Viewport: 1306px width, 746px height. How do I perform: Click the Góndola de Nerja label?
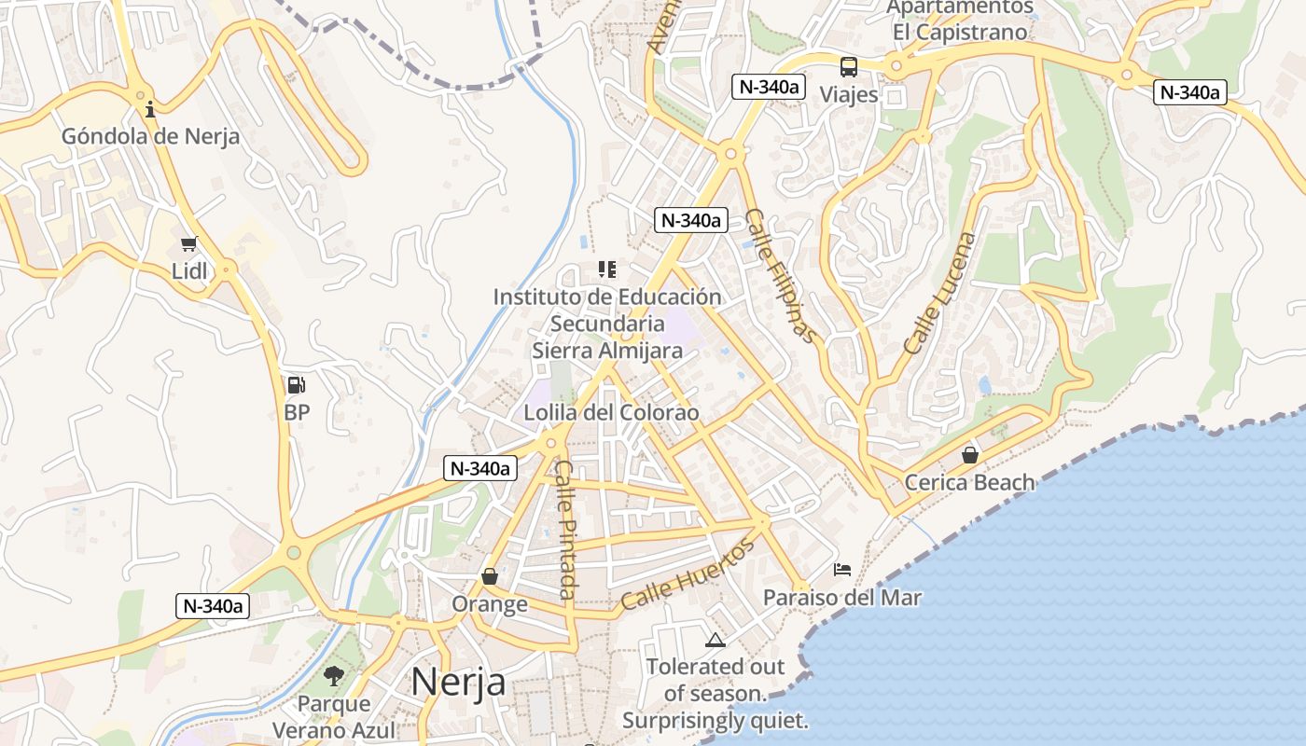pos(150,136)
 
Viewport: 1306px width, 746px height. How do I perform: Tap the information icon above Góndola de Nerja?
pos(150,109)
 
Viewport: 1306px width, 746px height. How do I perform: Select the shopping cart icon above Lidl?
pos(189,244)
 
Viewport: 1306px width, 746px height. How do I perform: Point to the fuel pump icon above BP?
pos(296,385)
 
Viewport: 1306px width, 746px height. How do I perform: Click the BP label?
pos(297,411)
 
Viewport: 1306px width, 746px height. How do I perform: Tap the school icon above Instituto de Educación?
pos(607,270)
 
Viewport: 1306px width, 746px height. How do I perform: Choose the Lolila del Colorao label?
pos(611,412)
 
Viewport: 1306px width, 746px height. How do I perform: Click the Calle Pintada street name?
pos(565,530)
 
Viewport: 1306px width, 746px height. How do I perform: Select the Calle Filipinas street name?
pos(782,276)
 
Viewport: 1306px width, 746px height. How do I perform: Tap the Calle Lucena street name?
pos(938,293)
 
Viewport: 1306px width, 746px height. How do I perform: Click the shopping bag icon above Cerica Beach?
pos(970,455)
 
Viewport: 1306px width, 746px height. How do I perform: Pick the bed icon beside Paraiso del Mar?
pos(842,569)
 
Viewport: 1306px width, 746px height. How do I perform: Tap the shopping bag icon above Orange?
pos(490,577)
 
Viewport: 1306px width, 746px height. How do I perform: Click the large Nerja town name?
pos(458,682)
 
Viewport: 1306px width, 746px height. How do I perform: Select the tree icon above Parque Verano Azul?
pos(333,676)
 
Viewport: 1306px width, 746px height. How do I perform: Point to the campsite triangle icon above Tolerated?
pos(716,640)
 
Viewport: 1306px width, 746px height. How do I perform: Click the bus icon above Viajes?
pos(848,67)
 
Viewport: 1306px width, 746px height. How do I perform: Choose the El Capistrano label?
pos(960,33)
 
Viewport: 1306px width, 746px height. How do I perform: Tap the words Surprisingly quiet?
pos(716,721)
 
